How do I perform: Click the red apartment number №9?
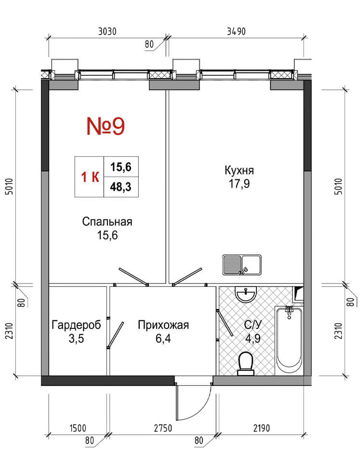click(x=106, y=126)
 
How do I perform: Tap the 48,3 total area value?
click(x=121, y=187)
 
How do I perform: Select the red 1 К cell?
click(x=89, y=177)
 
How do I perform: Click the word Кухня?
click(x=239, y=170)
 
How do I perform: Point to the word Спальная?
click(x=107, y=222)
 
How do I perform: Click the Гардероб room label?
click(x=77, y=325)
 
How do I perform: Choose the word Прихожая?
click(x=163, y=325)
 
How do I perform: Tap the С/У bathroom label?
click(x=253, y=325)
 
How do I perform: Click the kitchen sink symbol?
click(x=242, y=265)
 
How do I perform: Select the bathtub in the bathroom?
click(x=289, y=340)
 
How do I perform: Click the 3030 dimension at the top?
click(x=107, y=31)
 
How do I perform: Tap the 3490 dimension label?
click(x=236, y=31)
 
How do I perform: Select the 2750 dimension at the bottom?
click(x=163, y=428)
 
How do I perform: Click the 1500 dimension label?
click(x=78, y=428)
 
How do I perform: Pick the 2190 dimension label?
click(x=262, y=428)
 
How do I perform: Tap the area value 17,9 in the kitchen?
click(x=239, y=184)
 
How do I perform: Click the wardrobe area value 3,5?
click(x=76, y=339)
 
